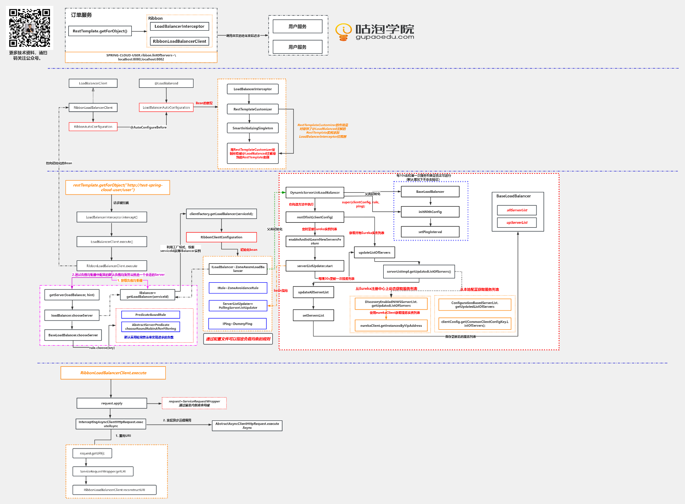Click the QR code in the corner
tap(29, 28)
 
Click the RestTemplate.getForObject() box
tap(100, 31)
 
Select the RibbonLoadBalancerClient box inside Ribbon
tap(179, 41)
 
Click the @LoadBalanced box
tap(166, 83)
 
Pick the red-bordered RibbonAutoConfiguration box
tap(93, 126)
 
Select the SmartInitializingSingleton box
tap(253, 128)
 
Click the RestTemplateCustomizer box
tap(253, 109)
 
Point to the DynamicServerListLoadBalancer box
tap(315, 192)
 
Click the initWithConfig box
tap(430, 212)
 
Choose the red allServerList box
tap(517, 210)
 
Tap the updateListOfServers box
tap(374, 252)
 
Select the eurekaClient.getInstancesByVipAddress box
tap(391, 325)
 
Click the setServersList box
tap(313, 315)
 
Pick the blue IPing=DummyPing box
tap(238, 324)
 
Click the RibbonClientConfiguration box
tap(221, 237)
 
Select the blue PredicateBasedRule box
tap(151, 315)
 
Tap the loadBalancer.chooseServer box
tap(72, 315)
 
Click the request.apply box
tap(112, 403)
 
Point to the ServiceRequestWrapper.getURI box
tap(103, 471)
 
